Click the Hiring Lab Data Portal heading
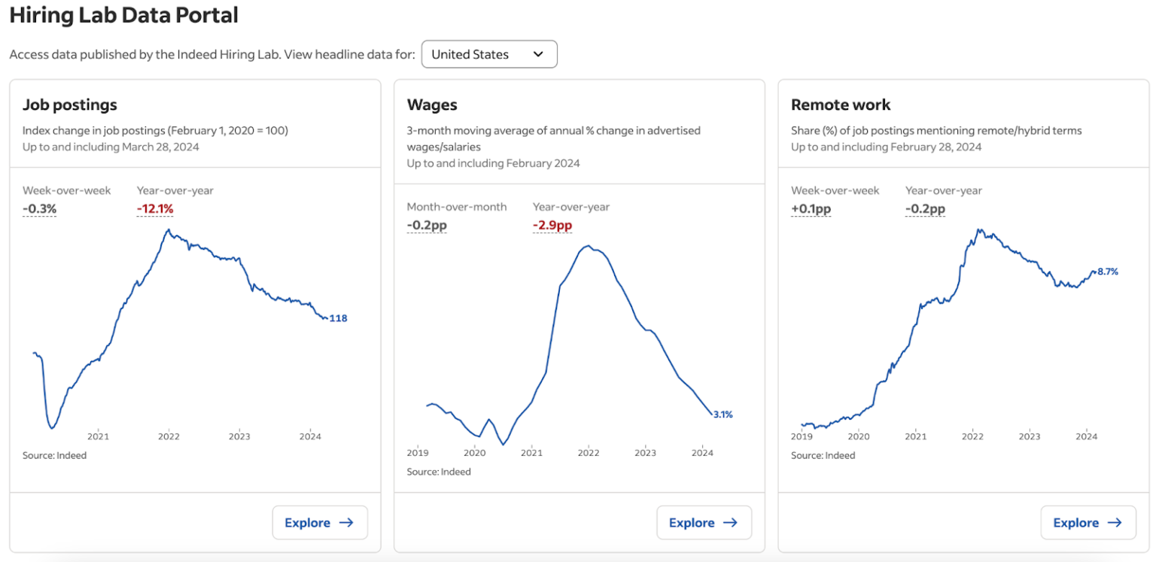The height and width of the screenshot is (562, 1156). coord(123,15)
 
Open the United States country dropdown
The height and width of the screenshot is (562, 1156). coord(488,54)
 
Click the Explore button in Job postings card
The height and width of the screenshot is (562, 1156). coord(319,522)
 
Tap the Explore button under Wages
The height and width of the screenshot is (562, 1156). coord(704,522)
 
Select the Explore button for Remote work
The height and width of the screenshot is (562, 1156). coord(1088,522)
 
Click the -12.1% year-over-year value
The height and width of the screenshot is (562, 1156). coord(155,208)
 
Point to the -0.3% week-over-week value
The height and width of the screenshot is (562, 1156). coord(39,208)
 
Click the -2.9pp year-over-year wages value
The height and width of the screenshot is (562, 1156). coord(552,225)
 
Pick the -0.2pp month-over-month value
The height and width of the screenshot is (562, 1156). coord(427,225)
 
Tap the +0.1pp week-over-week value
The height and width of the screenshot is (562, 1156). coord(811,208)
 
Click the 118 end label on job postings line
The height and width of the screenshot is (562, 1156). coord(339,318)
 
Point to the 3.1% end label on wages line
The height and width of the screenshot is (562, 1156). coord(722,415)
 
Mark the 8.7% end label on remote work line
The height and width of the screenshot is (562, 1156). coord(1107,272)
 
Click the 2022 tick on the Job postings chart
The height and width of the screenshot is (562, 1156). coord(169,436)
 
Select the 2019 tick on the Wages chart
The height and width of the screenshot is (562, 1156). coord(418,452)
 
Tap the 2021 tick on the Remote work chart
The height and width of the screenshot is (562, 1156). coord(915,436)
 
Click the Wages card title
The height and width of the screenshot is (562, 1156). coord(432,105)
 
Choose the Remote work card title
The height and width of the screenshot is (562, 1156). coord(841,105)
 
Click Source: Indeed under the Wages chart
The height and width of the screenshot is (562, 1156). coord(439,472)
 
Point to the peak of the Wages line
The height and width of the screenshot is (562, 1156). coord(589,245)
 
